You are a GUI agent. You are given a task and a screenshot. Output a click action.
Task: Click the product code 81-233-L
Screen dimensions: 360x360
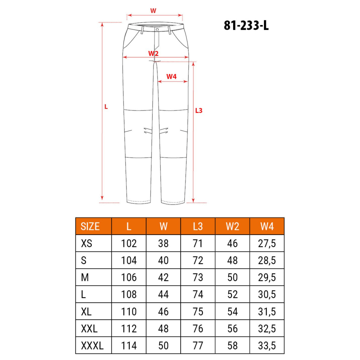(246, 25)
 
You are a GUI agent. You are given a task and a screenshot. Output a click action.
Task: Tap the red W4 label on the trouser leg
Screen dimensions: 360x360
(172, 76)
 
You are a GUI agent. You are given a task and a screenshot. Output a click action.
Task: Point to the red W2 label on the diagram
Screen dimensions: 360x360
(153, 53)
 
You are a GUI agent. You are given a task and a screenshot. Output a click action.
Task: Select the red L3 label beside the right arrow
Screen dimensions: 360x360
(199, 111)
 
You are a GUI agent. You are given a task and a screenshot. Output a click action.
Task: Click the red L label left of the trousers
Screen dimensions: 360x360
(106, 107)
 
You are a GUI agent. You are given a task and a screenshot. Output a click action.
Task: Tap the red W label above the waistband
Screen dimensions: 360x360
(153, 11)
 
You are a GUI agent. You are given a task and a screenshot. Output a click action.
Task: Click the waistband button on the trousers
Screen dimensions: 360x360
(157, 30)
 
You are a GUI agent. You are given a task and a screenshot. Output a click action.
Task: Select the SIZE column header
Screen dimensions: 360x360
(90, 226)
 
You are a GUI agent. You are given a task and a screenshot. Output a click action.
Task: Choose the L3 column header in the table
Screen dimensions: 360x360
(198, 226)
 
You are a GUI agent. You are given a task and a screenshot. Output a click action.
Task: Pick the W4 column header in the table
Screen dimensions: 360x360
(267, 226)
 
